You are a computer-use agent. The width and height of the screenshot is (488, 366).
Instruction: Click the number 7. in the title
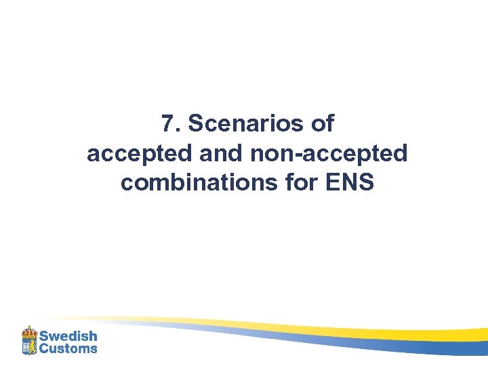(x=171, y=124)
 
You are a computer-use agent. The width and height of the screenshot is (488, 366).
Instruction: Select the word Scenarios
(x=249, y=124)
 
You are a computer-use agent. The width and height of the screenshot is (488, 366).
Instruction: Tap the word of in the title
(x=323, y=124)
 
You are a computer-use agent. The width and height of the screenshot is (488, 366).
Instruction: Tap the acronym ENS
(x=350, y=183)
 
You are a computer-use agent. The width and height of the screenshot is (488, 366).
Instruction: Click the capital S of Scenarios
(x=195, y=124)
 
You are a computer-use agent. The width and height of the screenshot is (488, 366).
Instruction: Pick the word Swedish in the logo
(x=68, y=336)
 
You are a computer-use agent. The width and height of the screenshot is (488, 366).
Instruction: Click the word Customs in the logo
(x=68, y=348)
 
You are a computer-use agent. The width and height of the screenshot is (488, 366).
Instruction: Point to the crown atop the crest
(x=28, y=331)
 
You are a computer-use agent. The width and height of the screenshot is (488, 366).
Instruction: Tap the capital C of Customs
(x=44, y=348)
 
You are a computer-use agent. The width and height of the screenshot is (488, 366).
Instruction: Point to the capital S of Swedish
(x=44, y=336)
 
